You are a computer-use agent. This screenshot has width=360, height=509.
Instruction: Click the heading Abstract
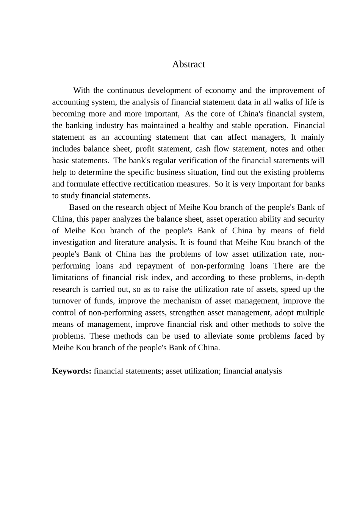[188, 64]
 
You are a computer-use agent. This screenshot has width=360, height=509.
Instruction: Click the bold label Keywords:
[72, 371]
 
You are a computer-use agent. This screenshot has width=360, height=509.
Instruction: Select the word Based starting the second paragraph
[79, 208]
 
